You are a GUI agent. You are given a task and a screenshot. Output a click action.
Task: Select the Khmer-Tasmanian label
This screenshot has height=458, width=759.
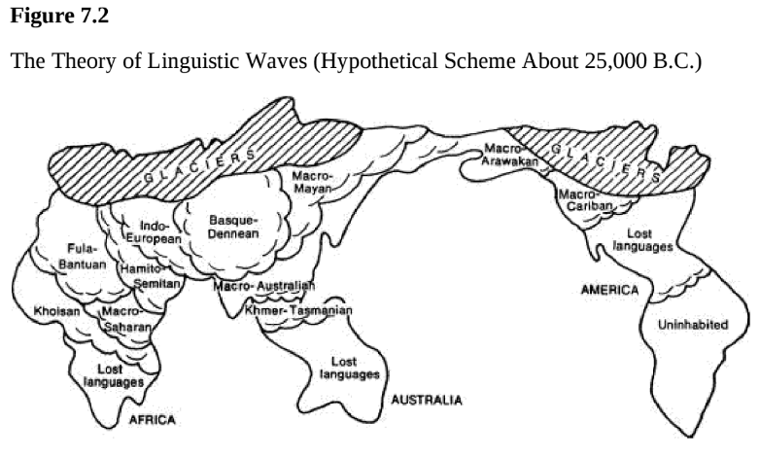(x=297, y=310)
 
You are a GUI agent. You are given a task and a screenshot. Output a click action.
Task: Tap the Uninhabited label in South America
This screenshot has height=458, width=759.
(x=693, y=325)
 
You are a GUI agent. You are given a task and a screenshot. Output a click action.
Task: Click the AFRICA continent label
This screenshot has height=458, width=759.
(x=152, y=419)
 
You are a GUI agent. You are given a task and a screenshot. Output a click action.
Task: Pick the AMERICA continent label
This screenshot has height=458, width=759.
(x=609, y=290)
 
